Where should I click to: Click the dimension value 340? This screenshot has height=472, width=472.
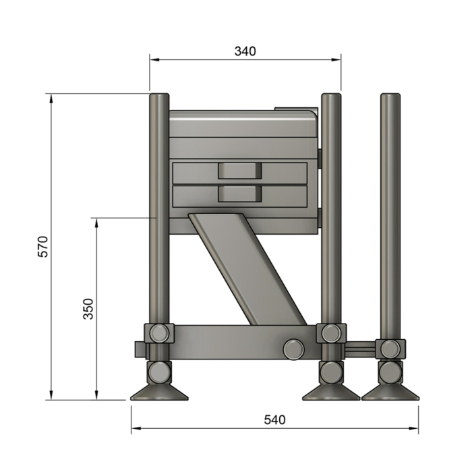[x=245, y=51]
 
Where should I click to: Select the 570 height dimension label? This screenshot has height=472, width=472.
[x=42, y=247]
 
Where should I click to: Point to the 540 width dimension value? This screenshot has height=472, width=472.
[x=274, y=419]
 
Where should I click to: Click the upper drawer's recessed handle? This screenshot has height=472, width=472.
[x=239, y=171]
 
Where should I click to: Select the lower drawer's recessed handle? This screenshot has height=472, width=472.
[x=239, y=194]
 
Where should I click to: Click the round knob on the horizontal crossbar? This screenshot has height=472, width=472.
[x=293, y=348]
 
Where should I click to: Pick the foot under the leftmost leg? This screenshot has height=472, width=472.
[x=158, y=392]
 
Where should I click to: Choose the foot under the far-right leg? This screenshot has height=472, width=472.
[x=389, y=392]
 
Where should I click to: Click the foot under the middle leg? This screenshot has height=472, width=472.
[x=330, y=392]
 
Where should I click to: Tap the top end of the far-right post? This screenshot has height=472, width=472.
[x=389, y=96]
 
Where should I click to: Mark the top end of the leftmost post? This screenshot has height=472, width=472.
[x=158, y=96]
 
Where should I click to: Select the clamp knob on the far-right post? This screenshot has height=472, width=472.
[x=390, y=349]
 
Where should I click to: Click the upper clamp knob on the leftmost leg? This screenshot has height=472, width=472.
[x=159, y=332]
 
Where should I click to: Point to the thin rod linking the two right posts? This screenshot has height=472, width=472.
[x=361, y=348]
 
